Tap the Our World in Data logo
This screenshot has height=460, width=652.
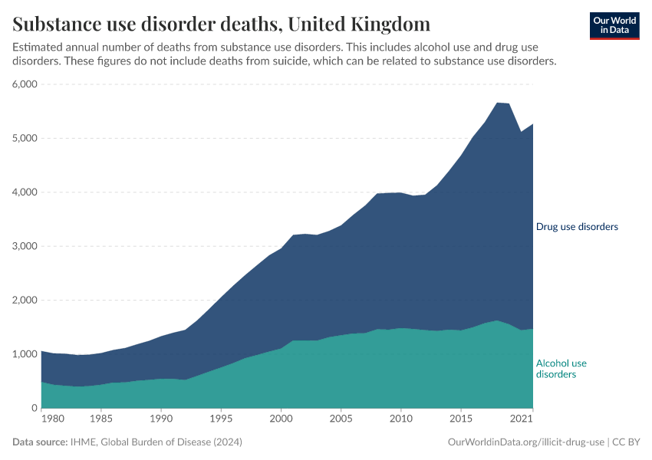coord(614,25)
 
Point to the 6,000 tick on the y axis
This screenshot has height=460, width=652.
coord(25,84)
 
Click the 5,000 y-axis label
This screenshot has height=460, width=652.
coord(25,139)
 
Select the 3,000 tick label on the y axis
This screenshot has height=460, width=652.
coord(25,246)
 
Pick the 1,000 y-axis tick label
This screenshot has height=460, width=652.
coord(25,354)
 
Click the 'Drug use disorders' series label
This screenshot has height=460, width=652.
coord(577,227)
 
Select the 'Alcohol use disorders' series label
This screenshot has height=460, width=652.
coord(561,369)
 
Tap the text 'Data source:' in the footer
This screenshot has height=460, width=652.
coord(40,442)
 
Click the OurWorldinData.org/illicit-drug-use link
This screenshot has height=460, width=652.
coord(526,442)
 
